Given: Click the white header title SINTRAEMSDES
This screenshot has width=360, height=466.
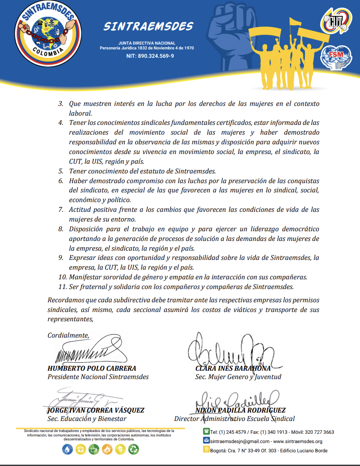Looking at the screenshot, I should click(x=148, y=26).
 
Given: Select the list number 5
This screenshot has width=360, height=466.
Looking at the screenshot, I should click(x=61, y=171).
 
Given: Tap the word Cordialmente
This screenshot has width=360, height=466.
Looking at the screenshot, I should click(x=68, y=335).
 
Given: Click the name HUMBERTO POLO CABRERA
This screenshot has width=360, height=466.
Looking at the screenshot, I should click(x=92, y=368).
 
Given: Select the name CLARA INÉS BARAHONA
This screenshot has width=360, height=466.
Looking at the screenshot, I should click(x=233, y=368).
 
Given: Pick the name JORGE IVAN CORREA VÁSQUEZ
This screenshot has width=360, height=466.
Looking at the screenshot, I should click(x=96, y=410).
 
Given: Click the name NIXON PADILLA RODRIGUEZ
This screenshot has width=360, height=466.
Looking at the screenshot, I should click(x=240, y=410).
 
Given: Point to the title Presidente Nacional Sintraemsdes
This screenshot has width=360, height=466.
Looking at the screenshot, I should click(x=98, y=377).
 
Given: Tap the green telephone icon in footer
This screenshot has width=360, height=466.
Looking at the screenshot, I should click(x=206, y=432).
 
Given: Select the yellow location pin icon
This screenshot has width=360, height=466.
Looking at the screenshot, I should click(x=206, y=450).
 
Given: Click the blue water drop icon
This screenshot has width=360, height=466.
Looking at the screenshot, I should click(x=67, y=449).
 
